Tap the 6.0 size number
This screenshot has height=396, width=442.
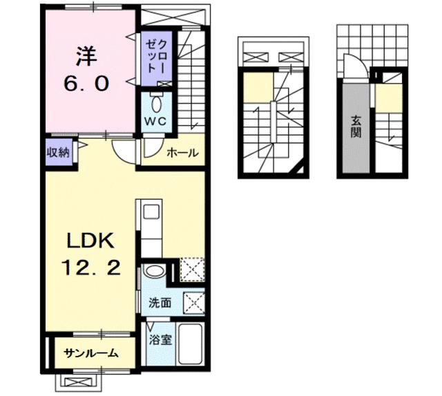click(86, 84)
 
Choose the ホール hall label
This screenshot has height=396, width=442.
click(182, 153)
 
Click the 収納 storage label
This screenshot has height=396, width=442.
click(57, 153)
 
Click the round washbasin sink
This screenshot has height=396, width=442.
click(155, 270)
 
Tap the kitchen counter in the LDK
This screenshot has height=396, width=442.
click(149, 228)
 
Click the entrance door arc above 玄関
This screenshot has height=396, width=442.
click(350, 72)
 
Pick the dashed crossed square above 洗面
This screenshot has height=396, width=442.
click(192, 268)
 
